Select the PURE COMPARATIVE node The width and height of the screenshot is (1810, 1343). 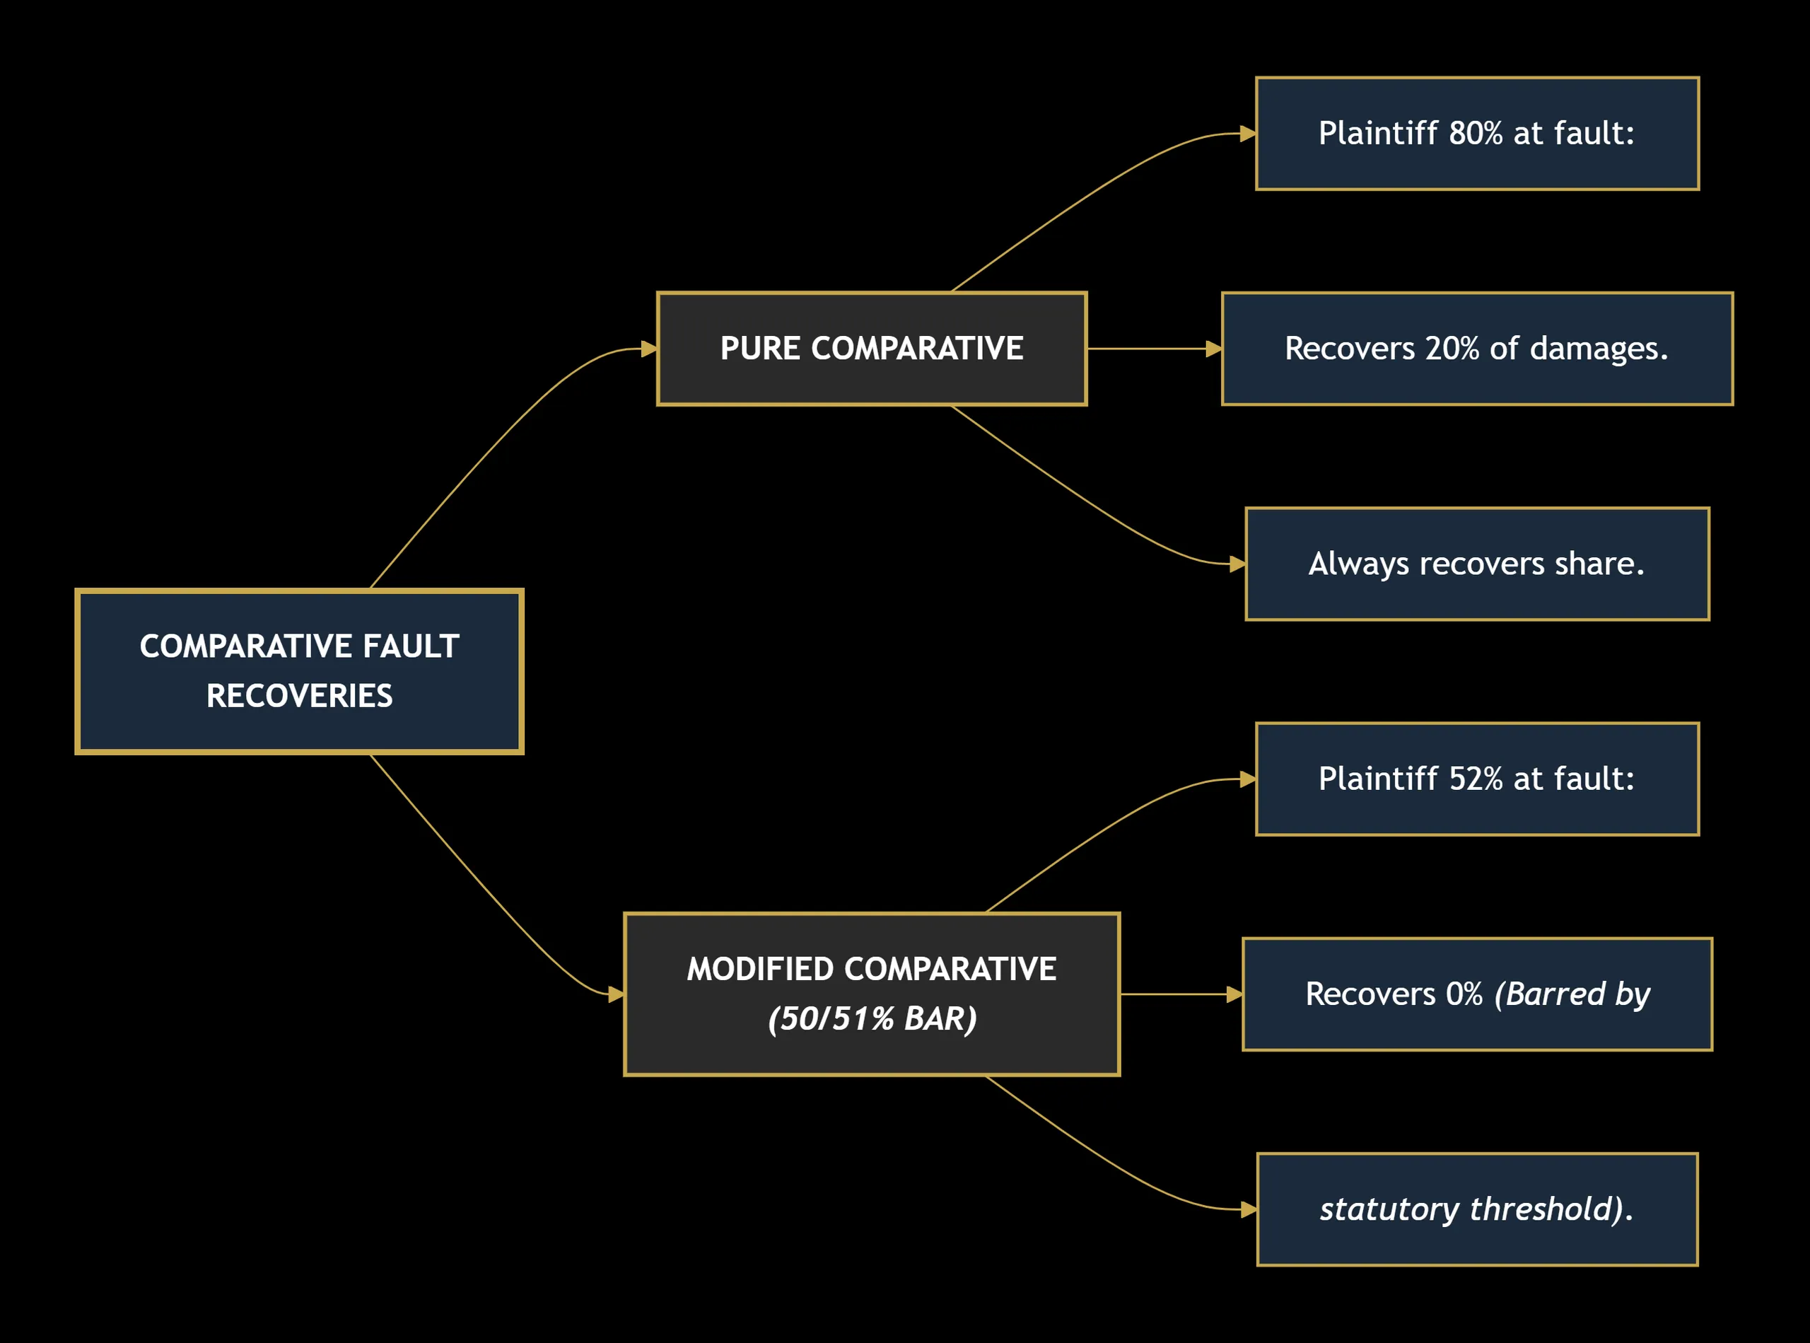(871, 349)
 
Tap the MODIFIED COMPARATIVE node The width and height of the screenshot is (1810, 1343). (871, 994)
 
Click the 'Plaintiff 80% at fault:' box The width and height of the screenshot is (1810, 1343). (1477, 134)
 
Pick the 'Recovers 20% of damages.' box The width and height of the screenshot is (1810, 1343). (1477, 349)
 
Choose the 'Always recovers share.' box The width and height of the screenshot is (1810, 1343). (1477, 564)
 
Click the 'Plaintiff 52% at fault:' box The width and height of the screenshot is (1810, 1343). (1477, 779)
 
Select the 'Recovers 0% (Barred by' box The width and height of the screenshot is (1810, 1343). (1477, 994)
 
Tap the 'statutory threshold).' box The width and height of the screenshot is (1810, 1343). (1477, 1209)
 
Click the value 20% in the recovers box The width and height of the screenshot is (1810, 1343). (1452, 349)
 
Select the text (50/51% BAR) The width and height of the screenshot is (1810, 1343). (872, 1018)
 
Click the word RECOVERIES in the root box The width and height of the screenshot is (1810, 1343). (299, 696)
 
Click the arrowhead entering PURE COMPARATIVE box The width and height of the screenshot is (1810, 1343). (648, 349)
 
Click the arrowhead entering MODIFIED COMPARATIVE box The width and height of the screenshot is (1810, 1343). (616, 994)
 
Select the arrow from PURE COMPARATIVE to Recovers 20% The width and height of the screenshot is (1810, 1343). (1154, 349)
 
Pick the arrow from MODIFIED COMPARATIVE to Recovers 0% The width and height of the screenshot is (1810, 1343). (1181, 994)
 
